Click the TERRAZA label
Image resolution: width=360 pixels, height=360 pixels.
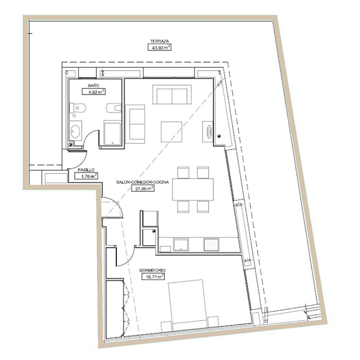click(x=160, y=41)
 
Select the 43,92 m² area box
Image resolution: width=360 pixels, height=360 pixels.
click(x=160, y=47)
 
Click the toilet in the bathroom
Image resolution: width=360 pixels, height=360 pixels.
click(x=77, y=108)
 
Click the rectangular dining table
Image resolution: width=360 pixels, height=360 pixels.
click(x=192, y=189)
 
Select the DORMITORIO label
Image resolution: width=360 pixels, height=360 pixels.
click(x=153, y=271)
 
